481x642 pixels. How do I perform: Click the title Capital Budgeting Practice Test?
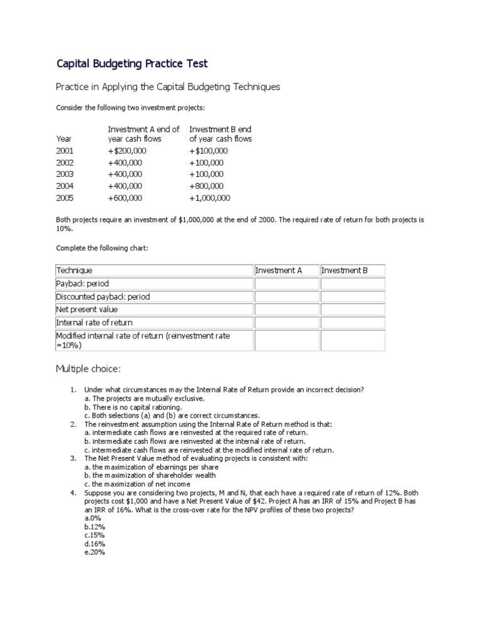click(x=132, y=63)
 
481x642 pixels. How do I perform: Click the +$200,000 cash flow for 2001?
click(x=127, y=150)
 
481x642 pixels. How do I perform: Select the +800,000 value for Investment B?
click(x=206, y=186)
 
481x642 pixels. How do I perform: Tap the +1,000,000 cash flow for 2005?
click(x=209, y=198)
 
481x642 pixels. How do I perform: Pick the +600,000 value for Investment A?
click(x=125, y=198)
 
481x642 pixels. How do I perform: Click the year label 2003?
click(x=65, y=174)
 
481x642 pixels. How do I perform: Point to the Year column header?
click(x=64, y=139)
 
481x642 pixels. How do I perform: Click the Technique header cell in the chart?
click(x=74, y=271)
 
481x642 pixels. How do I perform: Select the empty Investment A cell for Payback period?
click(x=285, y=283)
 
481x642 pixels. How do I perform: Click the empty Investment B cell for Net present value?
click(x=353, y=309)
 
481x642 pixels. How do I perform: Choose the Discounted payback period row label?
click(x=103, y=297)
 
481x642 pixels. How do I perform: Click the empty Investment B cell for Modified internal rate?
click(x=353, y=340)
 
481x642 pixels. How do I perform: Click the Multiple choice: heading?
click(x=87, y=369)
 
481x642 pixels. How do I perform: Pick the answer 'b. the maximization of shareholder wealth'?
click(x=145, y=476)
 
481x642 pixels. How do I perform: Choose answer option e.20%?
click(x=95, y=553)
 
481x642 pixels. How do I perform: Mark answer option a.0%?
click(x=93, y=518)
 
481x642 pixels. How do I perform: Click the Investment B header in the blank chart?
click(x=344, y=271)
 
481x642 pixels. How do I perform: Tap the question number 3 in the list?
click(x=73, y=458)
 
